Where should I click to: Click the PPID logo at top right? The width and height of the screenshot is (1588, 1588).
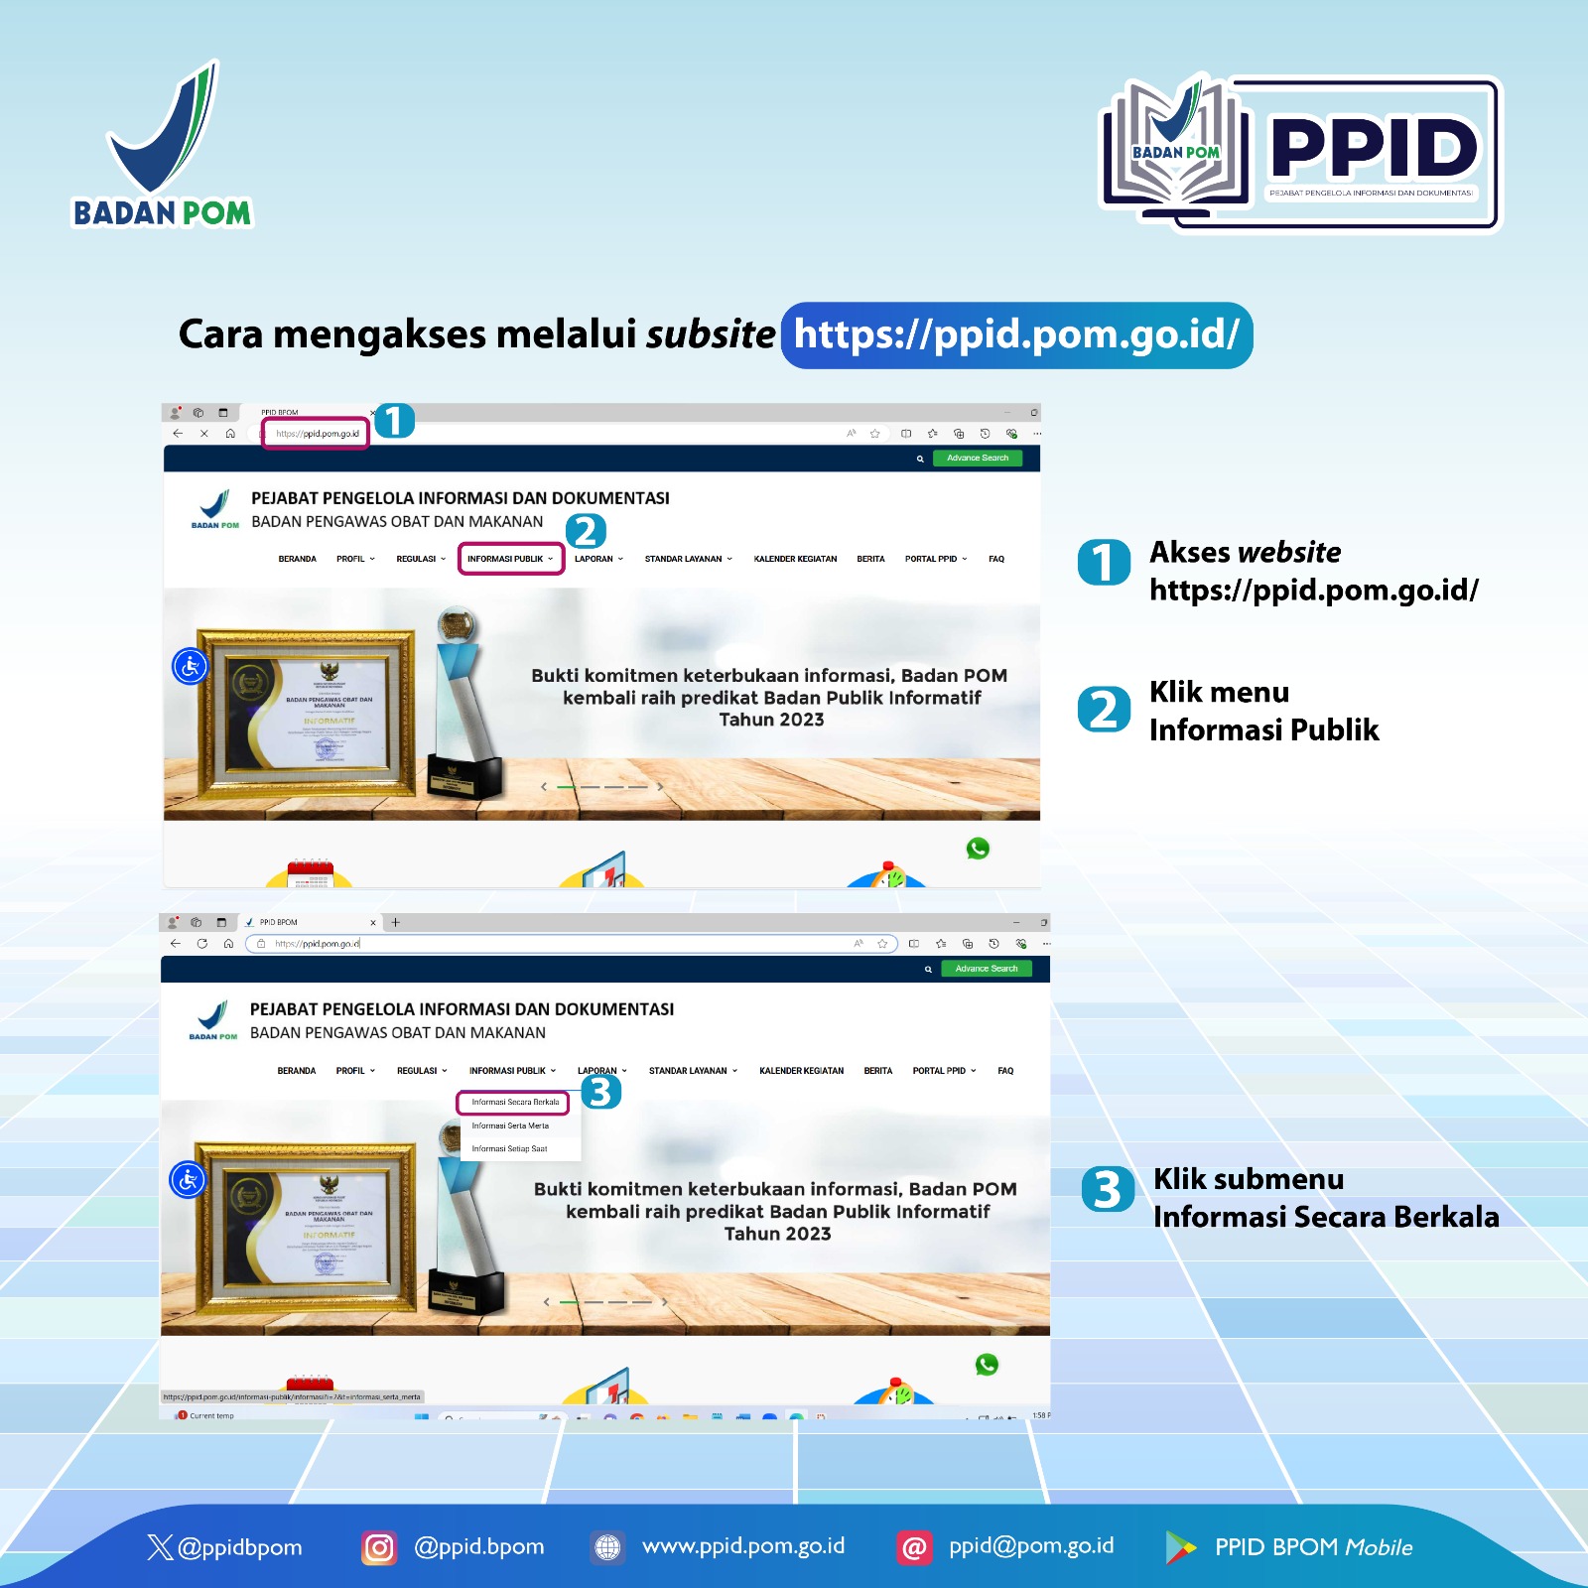1301,153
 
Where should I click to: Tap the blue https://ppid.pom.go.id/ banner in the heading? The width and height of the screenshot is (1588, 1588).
1016,335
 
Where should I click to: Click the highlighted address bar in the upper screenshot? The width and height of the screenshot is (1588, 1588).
316,434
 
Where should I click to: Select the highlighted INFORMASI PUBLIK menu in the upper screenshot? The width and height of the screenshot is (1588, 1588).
510,559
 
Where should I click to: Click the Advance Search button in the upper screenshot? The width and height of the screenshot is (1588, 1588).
977,459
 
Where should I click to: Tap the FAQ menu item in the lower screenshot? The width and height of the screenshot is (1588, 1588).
1005,1071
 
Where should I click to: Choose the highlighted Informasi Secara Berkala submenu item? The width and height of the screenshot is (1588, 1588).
514,1103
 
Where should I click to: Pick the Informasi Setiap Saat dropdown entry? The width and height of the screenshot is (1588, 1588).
509,1148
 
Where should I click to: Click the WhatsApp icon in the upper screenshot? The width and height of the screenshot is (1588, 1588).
978,849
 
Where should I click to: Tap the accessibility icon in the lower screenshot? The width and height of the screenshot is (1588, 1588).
188,1180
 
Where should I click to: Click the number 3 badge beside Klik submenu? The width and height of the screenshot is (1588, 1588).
1108,1190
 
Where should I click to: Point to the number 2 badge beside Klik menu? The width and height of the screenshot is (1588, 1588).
1104,710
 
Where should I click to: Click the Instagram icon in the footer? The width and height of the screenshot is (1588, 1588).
378,1547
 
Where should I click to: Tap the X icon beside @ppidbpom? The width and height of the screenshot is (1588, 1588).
160,1547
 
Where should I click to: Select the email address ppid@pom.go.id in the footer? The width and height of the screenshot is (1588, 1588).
1031,1546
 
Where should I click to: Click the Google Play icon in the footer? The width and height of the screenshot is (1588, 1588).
1180,1547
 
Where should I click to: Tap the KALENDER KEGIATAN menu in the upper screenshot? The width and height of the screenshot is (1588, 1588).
795,559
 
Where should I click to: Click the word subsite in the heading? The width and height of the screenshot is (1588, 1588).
711,335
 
